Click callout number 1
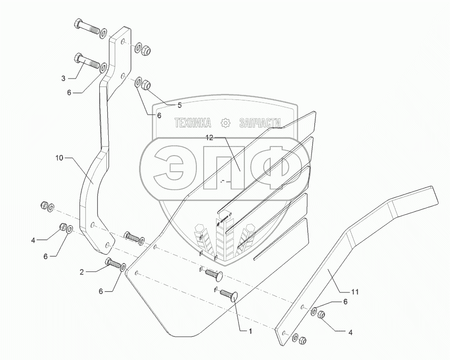[x=250, y=331]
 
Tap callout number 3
[x=63, y=78]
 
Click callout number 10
[x=59, y=158]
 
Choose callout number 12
[x=210, y=138]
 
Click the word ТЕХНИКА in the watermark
[x=192, y=123]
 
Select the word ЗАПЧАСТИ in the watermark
[x=260, y=123]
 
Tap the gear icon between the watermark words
[x=225, y=123]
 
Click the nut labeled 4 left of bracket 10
[x=64, y=227]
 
